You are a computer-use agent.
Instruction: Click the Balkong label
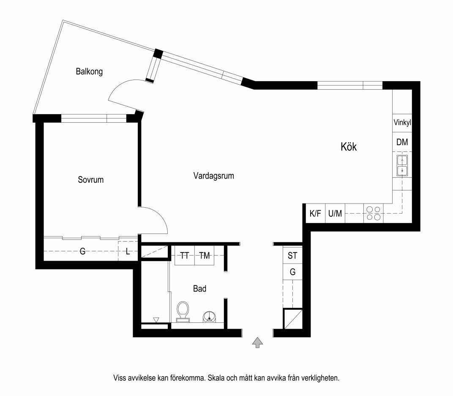coord(89,71)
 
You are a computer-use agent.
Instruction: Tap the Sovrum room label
coord(90,180)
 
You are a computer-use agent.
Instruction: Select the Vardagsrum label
coord(213,176)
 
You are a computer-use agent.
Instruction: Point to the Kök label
coord(349,147)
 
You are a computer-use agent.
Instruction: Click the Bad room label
coord(199,289)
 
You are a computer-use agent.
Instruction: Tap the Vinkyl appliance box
coord(402,123)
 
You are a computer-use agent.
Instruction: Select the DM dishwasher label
coord(402,142)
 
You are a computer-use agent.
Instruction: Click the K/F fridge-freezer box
coord(316,214)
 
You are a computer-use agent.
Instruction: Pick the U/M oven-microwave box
coord(335,214)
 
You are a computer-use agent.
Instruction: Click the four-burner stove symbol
coord(373,214)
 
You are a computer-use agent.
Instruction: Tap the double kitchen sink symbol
coord(402,165)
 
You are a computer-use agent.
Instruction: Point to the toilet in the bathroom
coord(183,311)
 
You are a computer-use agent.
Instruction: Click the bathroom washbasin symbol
coord(209,316)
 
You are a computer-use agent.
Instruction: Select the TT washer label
coord(185,256)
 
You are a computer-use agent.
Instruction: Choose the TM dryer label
coord(204,256)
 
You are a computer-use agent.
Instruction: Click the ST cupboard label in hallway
coord(292,256)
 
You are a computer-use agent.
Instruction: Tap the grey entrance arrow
coord(257,342)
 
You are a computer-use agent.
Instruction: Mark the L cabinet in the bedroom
coord(128,251)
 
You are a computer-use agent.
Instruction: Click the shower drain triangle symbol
coord(156,320)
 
